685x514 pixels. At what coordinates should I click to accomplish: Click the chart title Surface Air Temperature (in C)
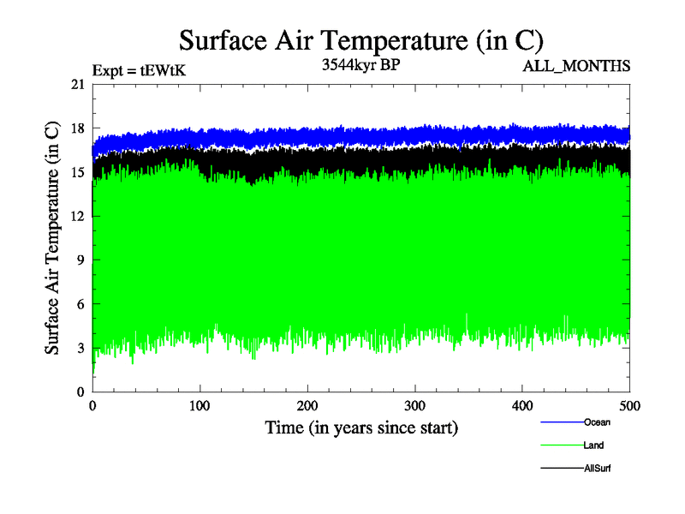pyautogui.click(x=360, y=41)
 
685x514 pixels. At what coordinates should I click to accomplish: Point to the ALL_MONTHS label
pyautogui.click(x=576, y=65)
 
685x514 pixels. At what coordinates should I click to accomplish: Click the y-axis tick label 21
pyautogui.click(x=78, y=84)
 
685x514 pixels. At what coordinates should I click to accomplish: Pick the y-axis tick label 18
pyautogui.click(x=78, y=128)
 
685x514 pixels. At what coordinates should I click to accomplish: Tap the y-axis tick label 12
pyautogui.click(x=78, y=216)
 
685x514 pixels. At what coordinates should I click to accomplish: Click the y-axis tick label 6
pyautogui.click(x=81, y=304)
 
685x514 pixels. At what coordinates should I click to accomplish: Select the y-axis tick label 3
pyautogui.click(x=81, y=348)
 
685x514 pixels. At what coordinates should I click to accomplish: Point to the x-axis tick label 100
pyautogui.click(x=200, y=406)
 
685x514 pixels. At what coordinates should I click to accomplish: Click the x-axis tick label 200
pyautogui.click(x=307, y=406)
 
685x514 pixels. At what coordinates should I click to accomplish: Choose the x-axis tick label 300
pyautogui.click(x=415, y=406)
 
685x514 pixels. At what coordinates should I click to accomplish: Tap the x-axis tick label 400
pyautogui.click(x=522, y=406)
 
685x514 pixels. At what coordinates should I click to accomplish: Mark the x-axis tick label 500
pyautogui.click(x=630, y=406)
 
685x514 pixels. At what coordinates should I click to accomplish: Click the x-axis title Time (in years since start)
pyautogui.click(x=361, y=427)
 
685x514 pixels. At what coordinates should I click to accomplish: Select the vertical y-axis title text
pyautogui.click(x=52, y=238)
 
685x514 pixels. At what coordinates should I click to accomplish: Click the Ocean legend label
pyautogui.click(x=597, y=422)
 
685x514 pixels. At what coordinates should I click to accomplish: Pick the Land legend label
pyautogui.click(x=594, y=445)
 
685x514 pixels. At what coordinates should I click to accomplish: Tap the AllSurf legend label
pyautogui.click(x=597, y=469)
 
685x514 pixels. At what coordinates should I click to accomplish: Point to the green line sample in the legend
pyautogui.click(x=562, y=445)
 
